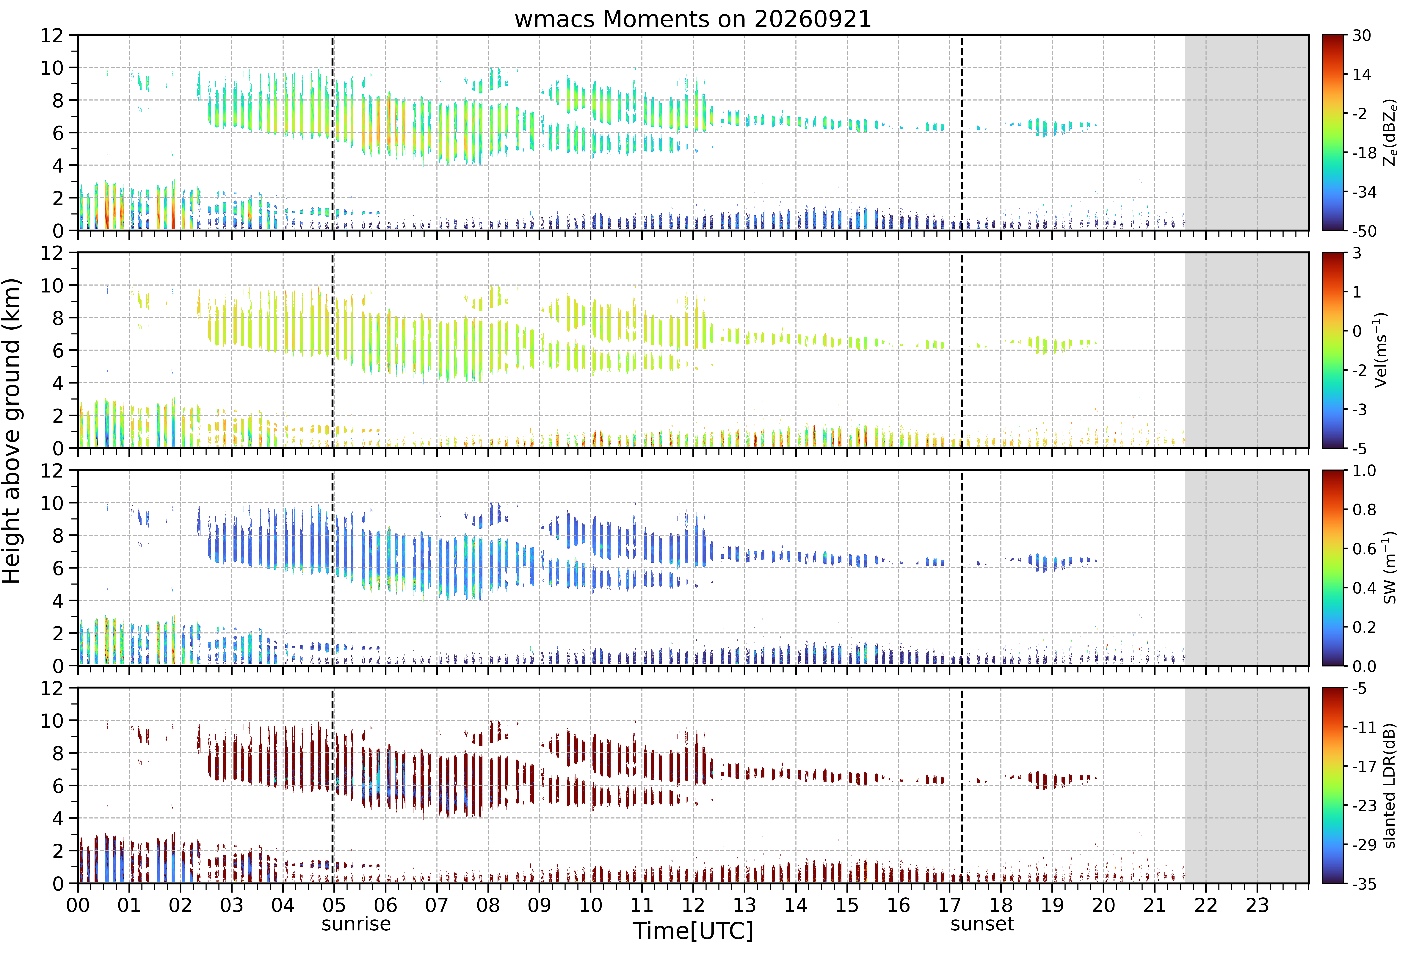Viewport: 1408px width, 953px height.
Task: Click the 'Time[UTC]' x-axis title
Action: coord(693,931)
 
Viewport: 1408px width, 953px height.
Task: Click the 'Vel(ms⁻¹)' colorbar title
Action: coord(1382,350)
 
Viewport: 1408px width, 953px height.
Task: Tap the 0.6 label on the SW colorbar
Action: coord(1364,549)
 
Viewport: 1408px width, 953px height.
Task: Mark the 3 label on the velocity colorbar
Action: coord(1357,253)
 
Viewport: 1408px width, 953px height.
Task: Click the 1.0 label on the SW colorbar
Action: coord(1364,471)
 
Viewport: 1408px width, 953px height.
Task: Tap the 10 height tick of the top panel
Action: coord(52,68)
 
